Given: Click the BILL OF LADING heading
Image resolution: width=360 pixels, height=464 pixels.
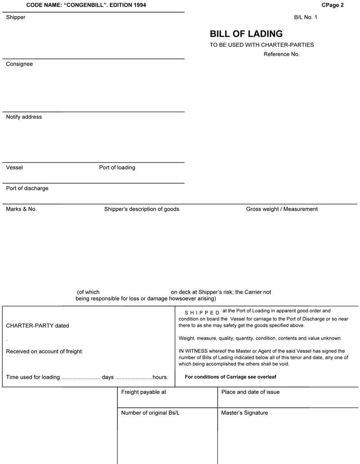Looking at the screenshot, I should tap(246, 34).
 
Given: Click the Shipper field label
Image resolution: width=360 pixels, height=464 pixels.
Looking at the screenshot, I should tap(16, 18).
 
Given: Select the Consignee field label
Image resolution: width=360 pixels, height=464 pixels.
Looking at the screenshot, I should tap(19, 64).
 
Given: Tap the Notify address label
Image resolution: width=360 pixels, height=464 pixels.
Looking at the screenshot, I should tap(24, 117).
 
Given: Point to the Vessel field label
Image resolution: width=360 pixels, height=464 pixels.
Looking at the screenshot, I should tap(14, 168).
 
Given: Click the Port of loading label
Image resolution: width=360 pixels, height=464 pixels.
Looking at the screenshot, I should tap(117, 168).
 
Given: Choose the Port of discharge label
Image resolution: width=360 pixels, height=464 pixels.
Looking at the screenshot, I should tap(27, 189).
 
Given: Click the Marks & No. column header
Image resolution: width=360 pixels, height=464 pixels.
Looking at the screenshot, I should tap(21, 209).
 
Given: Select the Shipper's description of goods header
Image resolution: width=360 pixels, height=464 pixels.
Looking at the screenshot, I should tap(142, 209).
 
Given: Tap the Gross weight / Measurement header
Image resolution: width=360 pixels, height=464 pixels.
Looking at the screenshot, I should tap(282, 209).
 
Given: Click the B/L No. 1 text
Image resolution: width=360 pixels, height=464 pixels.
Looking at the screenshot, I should tap(306, 17).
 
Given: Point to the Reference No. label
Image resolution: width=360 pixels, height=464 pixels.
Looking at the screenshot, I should tap(282, 54).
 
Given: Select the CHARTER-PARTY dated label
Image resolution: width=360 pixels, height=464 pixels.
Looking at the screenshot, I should tap(37, 326).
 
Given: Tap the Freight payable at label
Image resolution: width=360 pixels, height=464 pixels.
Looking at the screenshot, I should tap(144, 392).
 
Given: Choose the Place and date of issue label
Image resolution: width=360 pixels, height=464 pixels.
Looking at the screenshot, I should tap(250, 392).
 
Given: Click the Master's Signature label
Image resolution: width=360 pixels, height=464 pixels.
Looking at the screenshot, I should tap(244, 413).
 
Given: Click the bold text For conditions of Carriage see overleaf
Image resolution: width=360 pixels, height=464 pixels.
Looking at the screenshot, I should tap(237, 377).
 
